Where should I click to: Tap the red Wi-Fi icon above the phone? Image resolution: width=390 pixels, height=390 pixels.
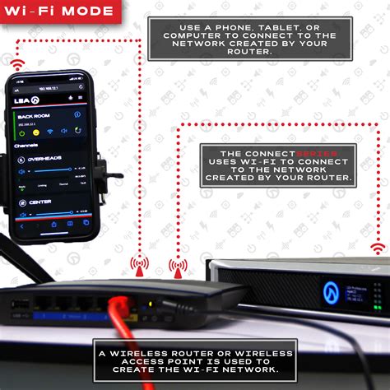(x=17, y=62)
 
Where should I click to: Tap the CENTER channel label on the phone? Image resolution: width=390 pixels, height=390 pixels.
(x=40, y=202)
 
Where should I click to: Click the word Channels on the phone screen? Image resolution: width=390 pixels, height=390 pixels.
(x=27, y=145)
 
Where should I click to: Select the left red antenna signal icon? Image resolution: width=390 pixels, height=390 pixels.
(x=141, y=265)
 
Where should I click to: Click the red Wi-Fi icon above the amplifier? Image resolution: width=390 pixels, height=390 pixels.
(x=378, y=248)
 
